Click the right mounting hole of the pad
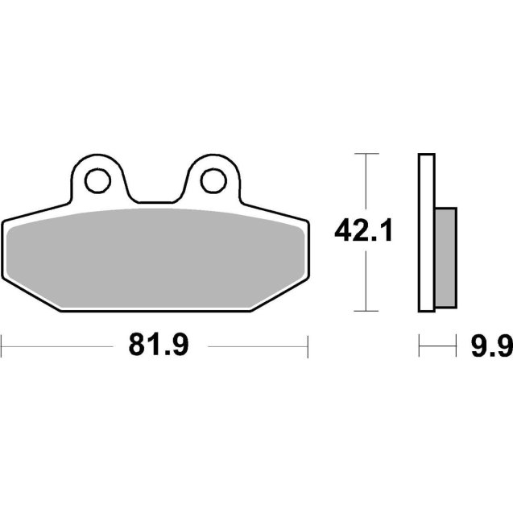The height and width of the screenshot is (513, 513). tap(213, 180)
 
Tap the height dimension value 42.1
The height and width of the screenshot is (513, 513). tap(364, 233)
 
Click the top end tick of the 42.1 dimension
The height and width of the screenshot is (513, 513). tap(366, 153)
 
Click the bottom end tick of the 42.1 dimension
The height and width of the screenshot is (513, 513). tap(366, 311)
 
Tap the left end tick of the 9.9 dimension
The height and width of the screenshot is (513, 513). tap(419, 347)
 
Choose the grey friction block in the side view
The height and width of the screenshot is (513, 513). tap(445, 256)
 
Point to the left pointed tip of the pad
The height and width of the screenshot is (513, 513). tap(3, 224)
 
